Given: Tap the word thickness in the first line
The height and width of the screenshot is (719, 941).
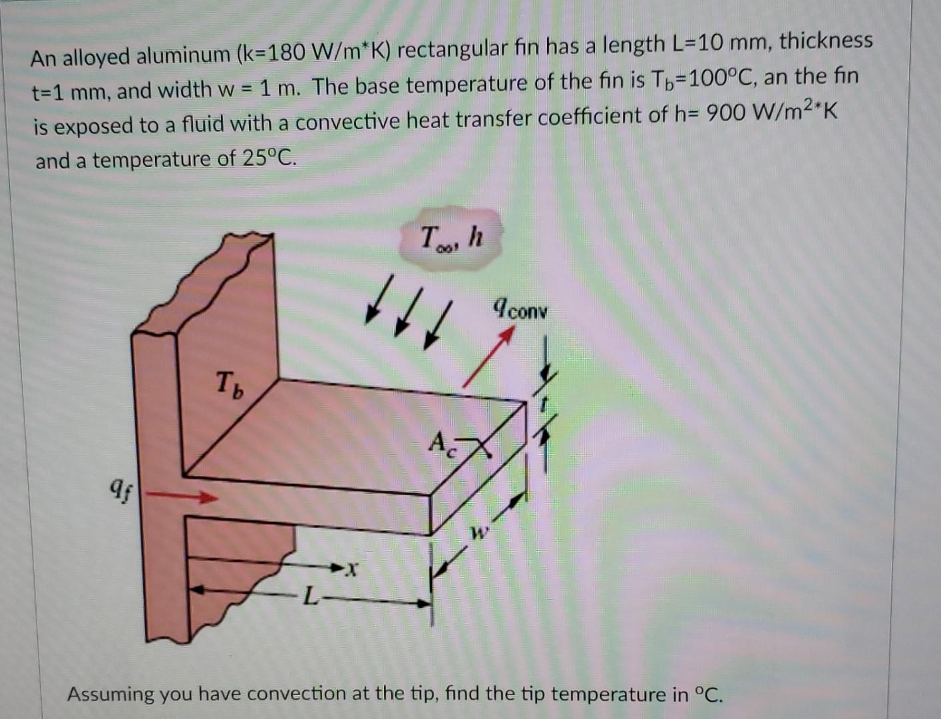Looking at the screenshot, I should pos(825,41).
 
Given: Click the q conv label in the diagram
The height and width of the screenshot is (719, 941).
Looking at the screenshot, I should pos(520,308).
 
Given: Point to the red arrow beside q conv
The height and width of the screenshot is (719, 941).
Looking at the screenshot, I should pos(488,359).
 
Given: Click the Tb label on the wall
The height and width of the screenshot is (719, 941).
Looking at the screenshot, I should pos(230,385).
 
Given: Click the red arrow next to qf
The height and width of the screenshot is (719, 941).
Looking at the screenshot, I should pos(182,496).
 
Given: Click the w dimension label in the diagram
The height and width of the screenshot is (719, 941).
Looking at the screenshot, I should pos(480,533).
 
